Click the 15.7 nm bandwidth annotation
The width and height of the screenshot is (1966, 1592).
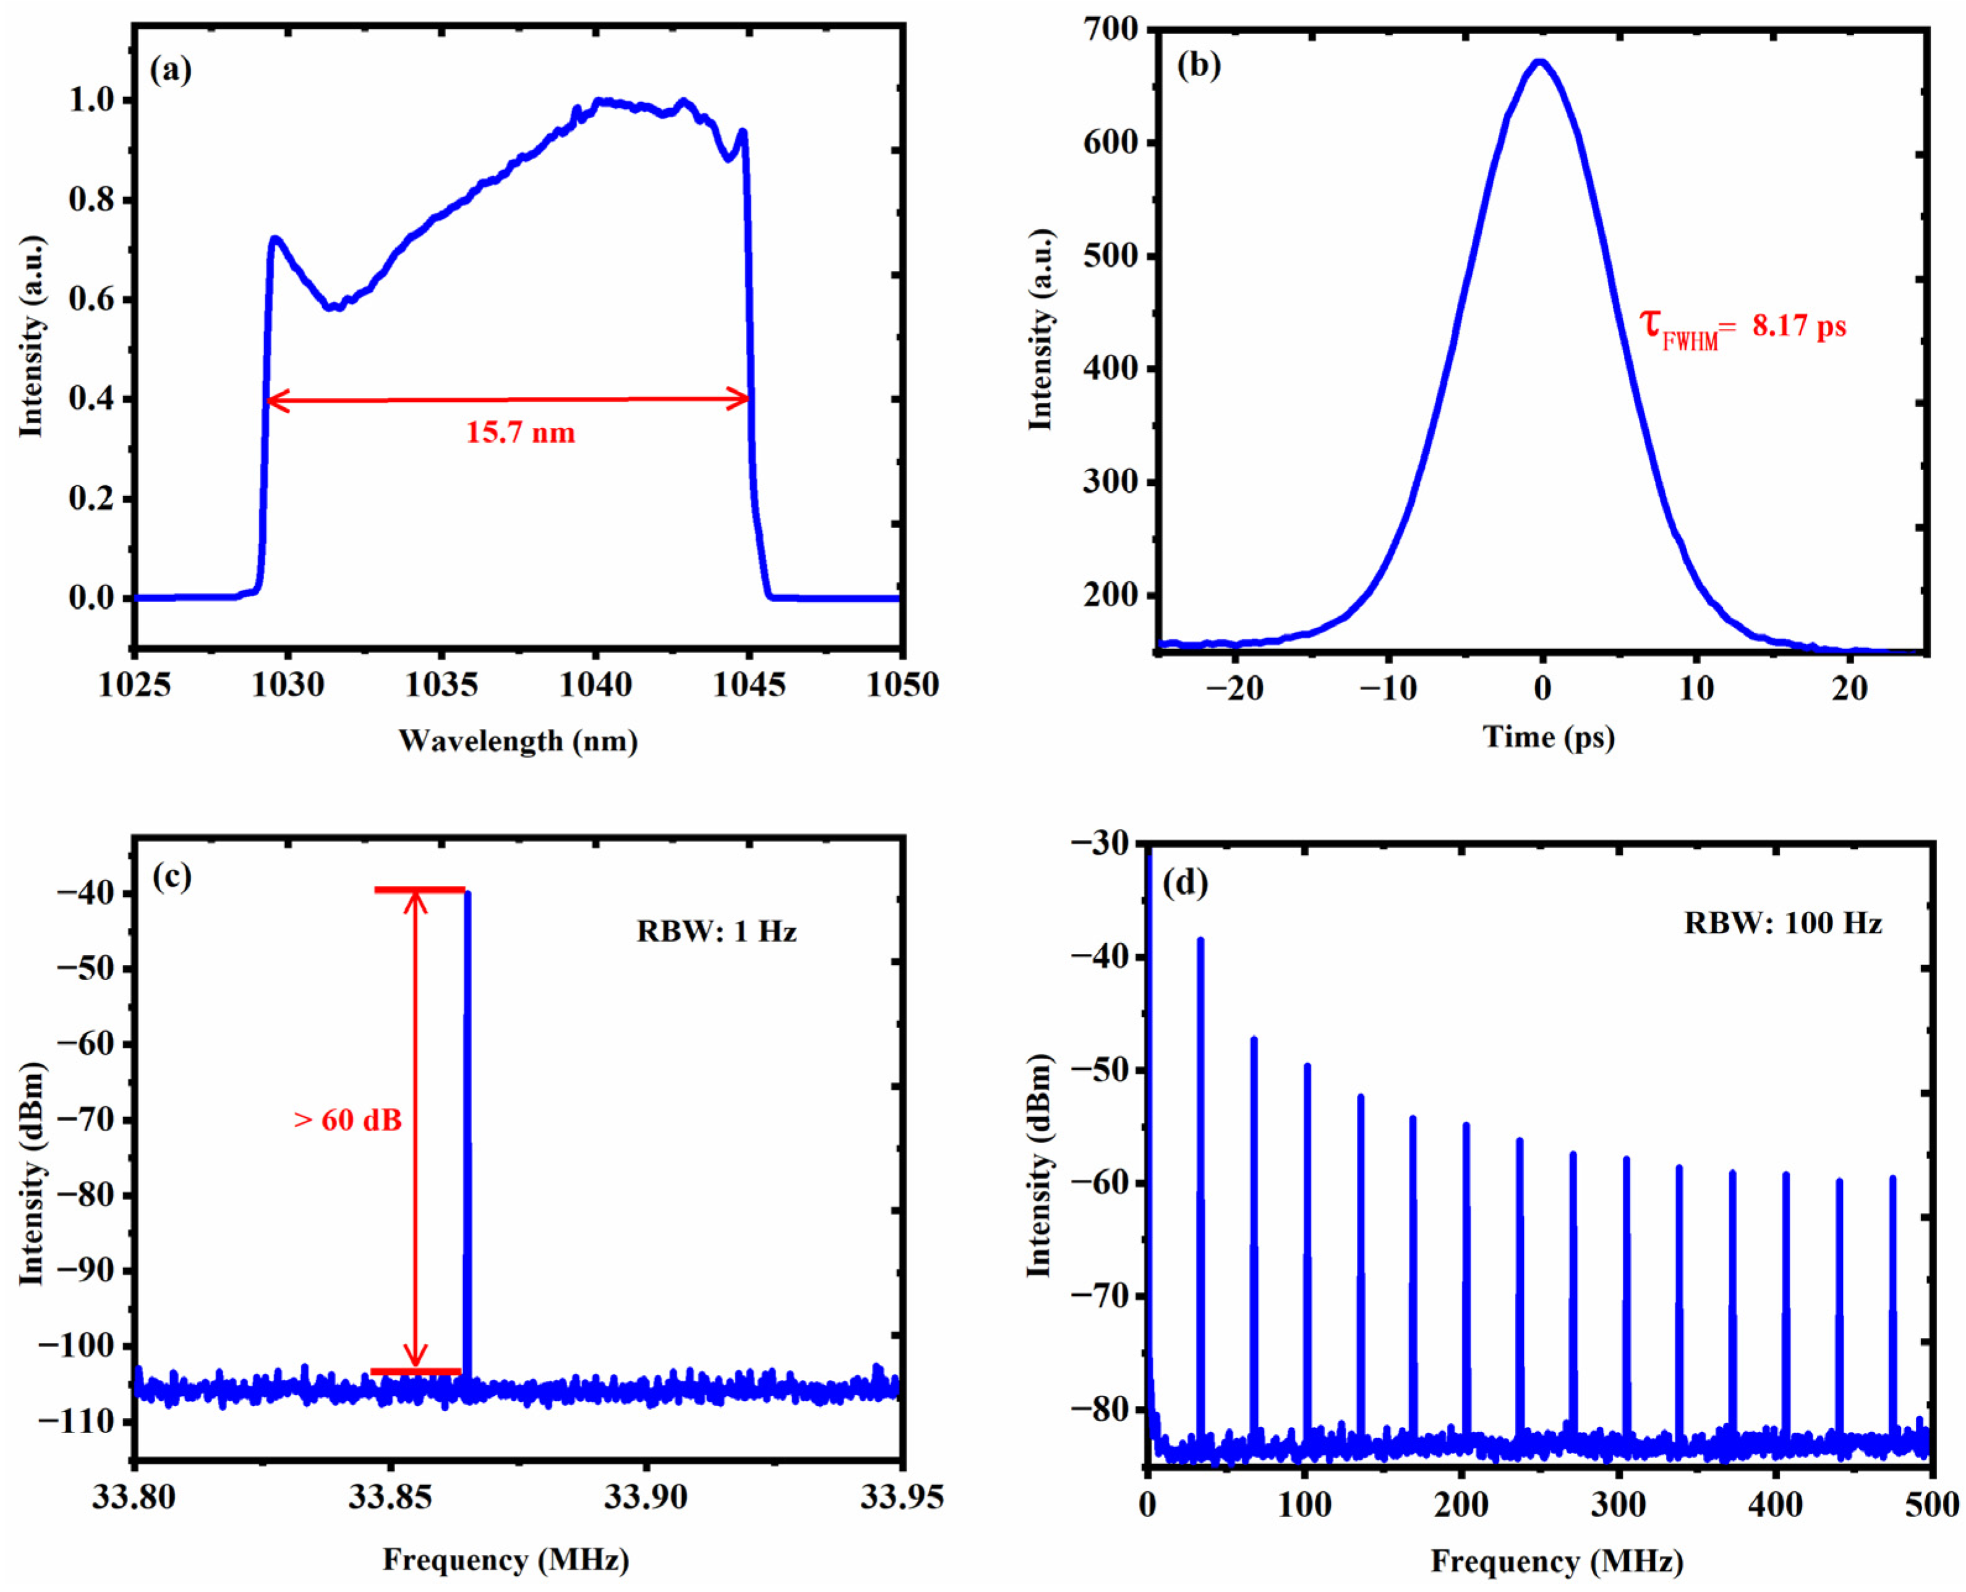coord(520,432)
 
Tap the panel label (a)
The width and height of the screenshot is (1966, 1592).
coord(171,70)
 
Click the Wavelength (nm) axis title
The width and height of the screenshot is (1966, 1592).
coord(518,740)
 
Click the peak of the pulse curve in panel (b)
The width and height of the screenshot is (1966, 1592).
coord(1541,62)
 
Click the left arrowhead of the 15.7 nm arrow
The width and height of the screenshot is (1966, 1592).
coord(273,400)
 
